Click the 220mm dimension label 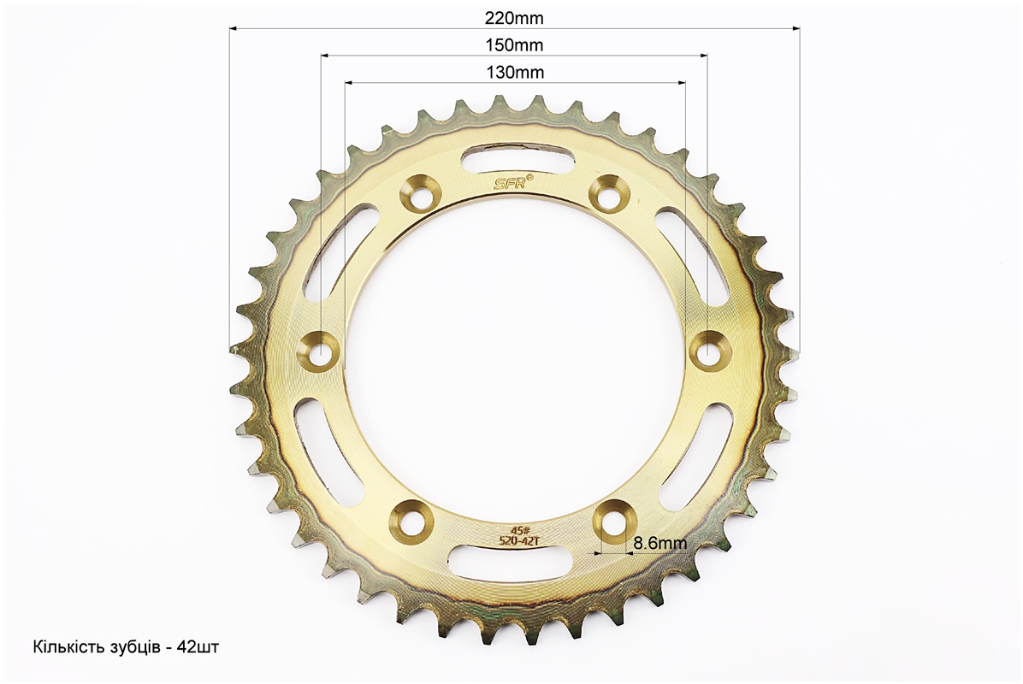tap(514, 18)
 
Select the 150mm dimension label tap(514, 45)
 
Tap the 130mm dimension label tap(515, 72)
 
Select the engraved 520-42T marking tap(513, 540)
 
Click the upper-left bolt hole tap(419, 193)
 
